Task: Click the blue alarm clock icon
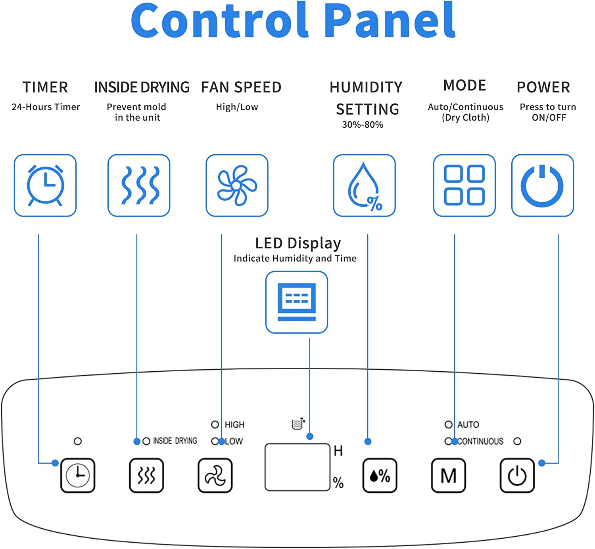(x=45, y=185)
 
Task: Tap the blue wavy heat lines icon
(x=139, y=185)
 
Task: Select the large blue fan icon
(x=237, y=185)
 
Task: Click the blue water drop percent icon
(x=364, y=185)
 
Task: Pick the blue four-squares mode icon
(x=464, y=185)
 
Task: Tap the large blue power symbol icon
(x=542, y=185)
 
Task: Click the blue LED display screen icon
(x=297, y=302)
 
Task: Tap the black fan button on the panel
(x=215, y=475)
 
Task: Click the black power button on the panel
(x=517, y=475)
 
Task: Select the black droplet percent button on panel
(x=380, y=475)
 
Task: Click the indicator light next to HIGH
(x=215, y=424)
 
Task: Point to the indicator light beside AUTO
(x=448, y=424)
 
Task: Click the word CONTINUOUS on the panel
(x=480, y=441)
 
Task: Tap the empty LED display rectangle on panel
(x=297, y=467)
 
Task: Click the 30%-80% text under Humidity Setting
(x=363, y=125)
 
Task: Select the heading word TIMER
(x=45, y=87)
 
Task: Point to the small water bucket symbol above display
(x=298, y=424)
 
